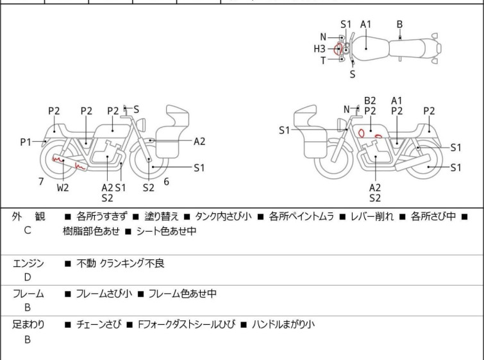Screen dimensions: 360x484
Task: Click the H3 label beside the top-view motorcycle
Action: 319,48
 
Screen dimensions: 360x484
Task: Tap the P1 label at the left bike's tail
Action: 26,142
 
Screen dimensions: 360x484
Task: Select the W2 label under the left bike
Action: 62,188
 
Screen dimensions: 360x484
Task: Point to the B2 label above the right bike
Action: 370,100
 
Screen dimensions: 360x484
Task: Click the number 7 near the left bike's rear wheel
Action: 41,182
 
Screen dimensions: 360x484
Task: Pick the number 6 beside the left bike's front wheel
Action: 166,182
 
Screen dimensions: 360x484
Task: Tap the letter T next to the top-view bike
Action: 323,60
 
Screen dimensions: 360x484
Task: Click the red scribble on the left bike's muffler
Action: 68,163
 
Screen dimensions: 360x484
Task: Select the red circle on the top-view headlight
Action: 338,48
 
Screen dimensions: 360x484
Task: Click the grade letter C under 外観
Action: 28,229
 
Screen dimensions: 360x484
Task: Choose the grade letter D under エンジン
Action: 28,277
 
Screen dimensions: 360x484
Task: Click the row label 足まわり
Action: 28,325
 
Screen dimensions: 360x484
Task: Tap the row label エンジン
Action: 28,263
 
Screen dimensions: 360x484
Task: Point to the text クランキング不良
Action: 133,263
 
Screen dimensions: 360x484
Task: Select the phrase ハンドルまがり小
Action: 283,325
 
